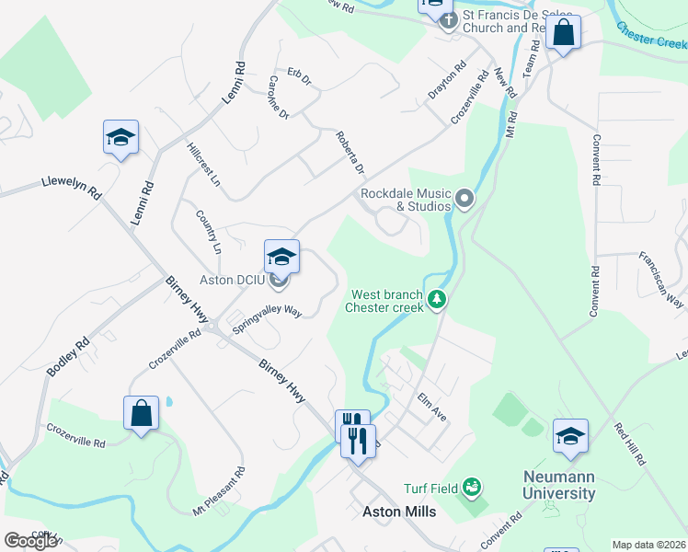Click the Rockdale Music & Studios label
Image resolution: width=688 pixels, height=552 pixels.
tap(406, 200)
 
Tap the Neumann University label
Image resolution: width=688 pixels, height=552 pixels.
tap(559, 485)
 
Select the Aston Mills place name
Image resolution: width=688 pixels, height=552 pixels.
tap(399, 512)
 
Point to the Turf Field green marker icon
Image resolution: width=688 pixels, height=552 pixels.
tap(472, 485)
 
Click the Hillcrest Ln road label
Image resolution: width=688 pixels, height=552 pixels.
tap(203, 165)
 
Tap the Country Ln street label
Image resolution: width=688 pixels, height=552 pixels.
tap(209, 231)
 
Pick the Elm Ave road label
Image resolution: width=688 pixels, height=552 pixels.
tap(431, 408)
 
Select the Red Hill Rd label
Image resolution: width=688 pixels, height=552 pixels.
tap(632, 443)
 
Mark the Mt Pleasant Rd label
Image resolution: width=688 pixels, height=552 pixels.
tap(219, 490)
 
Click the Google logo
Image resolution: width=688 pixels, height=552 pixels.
tap(30, 541)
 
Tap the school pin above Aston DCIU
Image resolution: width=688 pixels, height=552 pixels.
tap(281, 255)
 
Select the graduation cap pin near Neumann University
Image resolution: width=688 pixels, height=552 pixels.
tap(570, 436)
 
